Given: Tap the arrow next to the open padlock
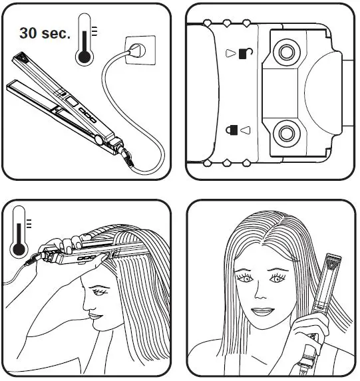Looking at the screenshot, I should coord(230,52).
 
